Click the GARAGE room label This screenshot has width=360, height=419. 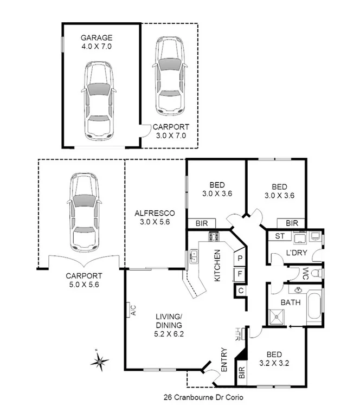[x=97, y=38]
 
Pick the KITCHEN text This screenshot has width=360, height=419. [x=217, y=266]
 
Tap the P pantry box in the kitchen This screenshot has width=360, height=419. [x=239, y=259]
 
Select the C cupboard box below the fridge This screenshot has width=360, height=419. [x=239, y=291]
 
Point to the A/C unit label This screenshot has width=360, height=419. [x=132, y=311]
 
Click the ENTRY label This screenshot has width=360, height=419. [x=224, y=359]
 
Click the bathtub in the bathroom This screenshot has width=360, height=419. [x=314, y=306]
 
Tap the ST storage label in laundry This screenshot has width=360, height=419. [x=280, y=236]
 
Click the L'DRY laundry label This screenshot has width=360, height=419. [x=297, y=253]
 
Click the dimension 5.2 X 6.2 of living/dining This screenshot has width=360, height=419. [x=169, y=334]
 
